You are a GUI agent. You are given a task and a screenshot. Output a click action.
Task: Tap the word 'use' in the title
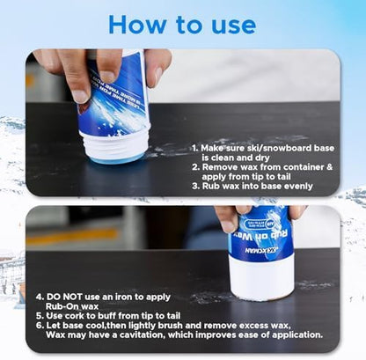tap(230, 24)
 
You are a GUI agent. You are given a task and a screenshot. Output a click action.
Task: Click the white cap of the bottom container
tap(260, 277)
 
